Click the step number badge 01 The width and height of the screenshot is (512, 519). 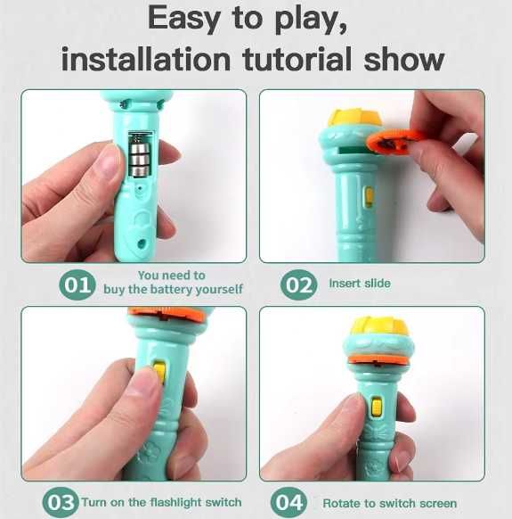(77, 284)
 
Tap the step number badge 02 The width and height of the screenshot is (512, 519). (299, 284)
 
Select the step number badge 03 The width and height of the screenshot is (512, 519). (61, 502)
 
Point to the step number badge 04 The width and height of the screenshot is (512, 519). (289, 502)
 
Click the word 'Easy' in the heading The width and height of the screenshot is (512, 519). (183, 20)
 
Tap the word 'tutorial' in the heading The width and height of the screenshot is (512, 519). (297, 59)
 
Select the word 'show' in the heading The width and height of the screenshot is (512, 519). (404, 59)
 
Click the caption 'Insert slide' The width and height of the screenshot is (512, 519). (360, 284)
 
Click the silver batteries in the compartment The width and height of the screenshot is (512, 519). (140, 154)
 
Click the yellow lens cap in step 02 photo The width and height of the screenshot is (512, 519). (354, 119)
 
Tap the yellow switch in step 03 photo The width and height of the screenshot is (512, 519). (159, 372)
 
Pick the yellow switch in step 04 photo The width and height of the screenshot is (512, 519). (377, 407)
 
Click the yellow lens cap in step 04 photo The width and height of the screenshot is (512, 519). (378, 326)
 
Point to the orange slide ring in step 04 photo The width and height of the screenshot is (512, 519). (378, 359)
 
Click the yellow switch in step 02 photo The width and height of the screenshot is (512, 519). (369, 196)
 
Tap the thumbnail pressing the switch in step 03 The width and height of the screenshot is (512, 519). (142, 381)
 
